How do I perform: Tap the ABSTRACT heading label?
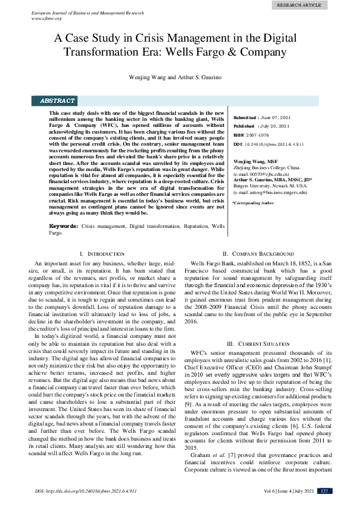point(57,101)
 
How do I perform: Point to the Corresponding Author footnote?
point(253,204)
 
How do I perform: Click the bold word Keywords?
point(63,225)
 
